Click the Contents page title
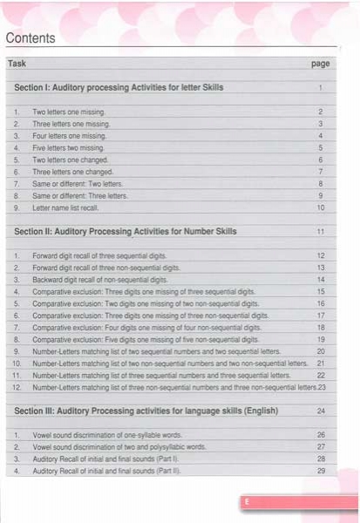[x=30, y=38]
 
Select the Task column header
[x=17, y=65]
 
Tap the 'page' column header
[x=320, y=65]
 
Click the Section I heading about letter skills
[x=119, y=88]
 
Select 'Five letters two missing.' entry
[x=70, y=149]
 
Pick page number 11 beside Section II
[x=321, y=232]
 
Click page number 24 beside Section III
[x=321, y=410]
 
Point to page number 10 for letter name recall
[x=321, y=207]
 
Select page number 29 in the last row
[x=321, y=471]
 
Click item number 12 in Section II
[x=16, y=386]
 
